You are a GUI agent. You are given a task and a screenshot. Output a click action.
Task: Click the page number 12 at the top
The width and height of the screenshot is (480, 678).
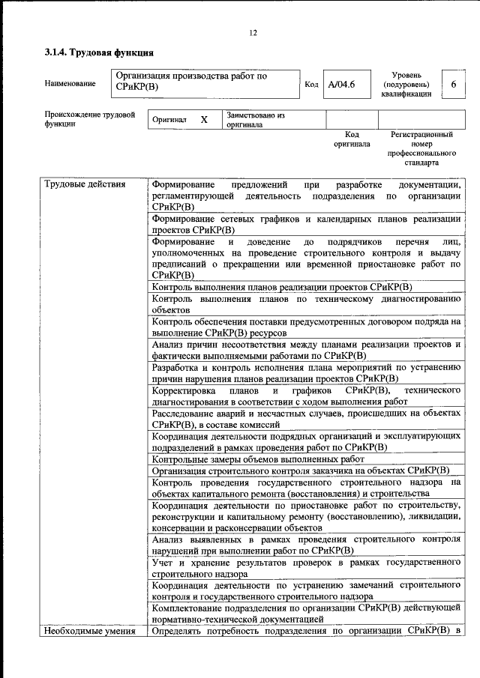coord(253,32)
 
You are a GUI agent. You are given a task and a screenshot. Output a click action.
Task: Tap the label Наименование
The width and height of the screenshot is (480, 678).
coord(70,83)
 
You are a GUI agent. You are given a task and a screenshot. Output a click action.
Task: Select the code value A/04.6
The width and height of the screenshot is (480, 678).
coord(341,84)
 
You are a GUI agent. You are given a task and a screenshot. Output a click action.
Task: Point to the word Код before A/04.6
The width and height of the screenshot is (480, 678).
coord(311,84)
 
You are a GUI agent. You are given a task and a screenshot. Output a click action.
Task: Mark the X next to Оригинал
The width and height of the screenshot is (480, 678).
coord(203,120)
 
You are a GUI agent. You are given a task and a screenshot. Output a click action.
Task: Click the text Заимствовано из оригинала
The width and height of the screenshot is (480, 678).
coord(256,121)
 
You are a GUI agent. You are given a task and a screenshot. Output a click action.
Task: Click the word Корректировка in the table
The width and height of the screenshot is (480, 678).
coord(183,390)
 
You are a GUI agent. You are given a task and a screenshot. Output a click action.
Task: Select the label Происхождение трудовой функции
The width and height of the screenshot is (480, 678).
coord(89,120)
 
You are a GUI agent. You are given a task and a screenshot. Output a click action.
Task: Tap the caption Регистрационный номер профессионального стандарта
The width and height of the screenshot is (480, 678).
coord(421,148)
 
